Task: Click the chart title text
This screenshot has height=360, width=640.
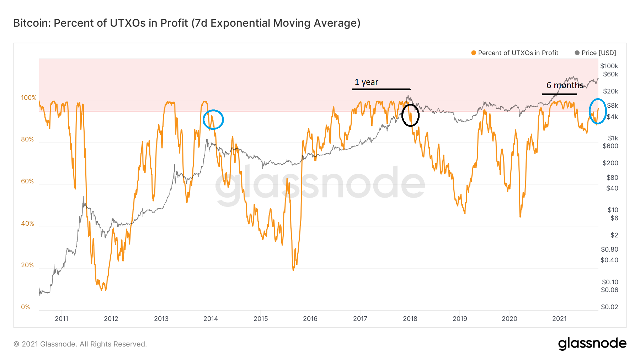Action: (x=187, y=23)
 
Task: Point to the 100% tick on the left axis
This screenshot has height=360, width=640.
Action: (x=29, y=98)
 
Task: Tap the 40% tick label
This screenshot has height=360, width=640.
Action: (x=27, y=224)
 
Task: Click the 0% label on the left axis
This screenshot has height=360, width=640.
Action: (x=26, y=307)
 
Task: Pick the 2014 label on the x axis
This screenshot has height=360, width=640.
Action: (x=210, y=319)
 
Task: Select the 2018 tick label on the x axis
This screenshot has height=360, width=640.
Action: (x=410, y=319)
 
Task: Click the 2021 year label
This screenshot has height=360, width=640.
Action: (x=559, y=319)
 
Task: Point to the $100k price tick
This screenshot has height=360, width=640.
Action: (x=609, y=66)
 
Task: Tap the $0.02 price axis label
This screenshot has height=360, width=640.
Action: (x=609, y=307)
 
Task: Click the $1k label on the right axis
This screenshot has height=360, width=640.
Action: (x=613, y=138)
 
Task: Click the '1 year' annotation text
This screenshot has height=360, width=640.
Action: (x=366, y=82)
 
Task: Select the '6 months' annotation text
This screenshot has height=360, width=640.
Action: (x=565, y=85)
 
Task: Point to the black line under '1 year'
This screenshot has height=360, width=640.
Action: (x=381, y=89)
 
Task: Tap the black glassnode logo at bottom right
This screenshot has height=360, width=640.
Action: (x=592, y=344)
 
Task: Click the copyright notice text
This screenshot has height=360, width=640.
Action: (x=80, y=344)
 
